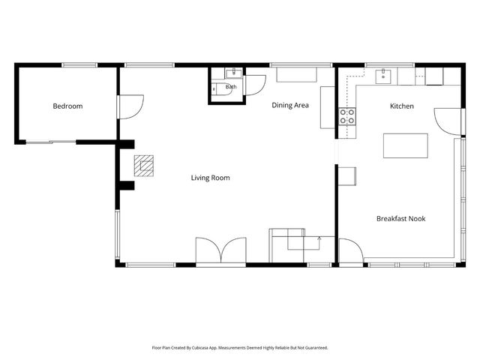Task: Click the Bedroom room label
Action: click(x=67, y=106)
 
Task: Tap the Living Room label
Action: click(x=210, y=178)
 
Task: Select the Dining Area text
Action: click(x=290, y=105)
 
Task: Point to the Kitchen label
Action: click(x=402, y=106)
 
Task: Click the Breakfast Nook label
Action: click(x=400, y=218)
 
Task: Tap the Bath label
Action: click(x=231, y=87)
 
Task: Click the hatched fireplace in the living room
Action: click(x=144, y=166)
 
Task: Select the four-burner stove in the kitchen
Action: click(x=347, y=117)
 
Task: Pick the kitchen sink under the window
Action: click(x=383, y=76)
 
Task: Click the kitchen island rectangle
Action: click(x=406, y=145)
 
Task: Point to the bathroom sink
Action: click(x=234, y=73)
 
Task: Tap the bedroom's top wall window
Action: click(x=79, y=65)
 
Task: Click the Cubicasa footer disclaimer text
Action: click(x=240, y=348)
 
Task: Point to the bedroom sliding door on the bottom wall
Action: click(x=51, y=142)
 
